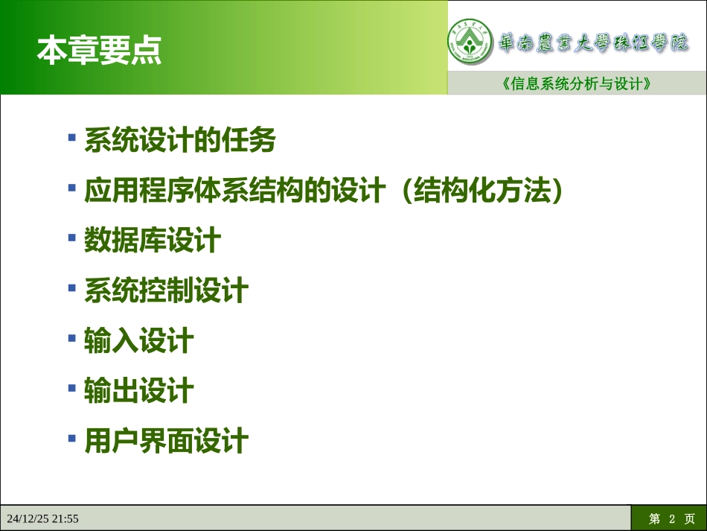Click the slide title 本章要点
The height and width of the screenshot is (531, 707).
coord(99,51)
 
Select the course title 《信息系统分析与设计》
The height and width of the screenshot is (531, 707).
coord(577,84)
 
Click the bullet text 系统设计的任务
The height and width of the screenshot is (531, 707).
coord(179,140)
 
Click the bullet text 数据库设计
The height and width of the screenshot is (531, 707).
coord(152,241)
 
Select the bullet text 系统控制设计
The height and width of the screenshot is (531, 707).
coord(165,290)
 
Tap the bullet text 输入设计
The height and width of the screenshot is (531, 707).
coord(138,341)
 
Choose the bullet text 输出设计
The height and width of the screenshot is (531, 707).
coord(138,391)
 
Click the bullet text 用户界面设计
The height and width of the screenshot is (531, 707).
coord(165,441)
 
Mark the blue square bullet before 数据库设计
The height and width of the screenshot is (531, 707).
coord(72,238)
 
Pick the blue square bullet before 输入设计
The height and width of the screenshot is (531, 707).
coord(72,338)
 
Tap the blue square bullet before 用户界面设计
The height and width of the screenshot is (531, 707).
coord(72,438)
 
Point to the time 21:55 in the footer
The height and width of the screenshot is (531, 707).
coord(65,518)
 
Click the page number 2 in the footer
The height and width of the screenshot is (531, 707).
coord(671,518)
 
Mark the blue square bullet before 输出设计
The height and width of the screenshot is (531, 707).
coord(72,388)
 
